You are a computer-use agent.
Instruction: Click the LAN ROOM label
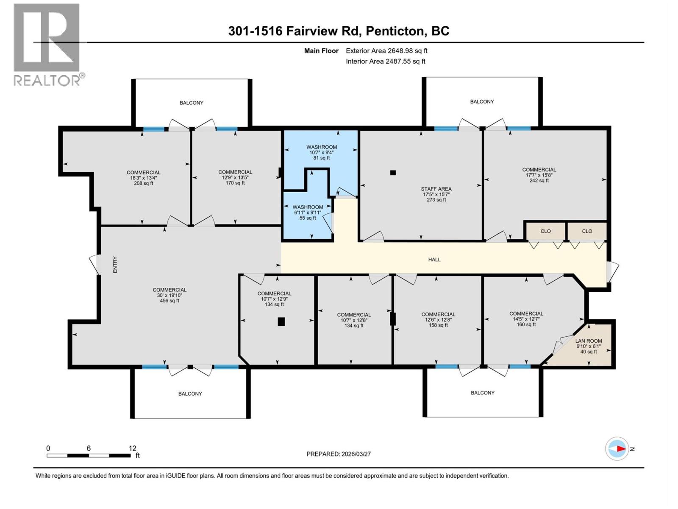point(589,341)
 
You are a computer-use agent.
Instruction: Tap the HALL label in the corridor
point(434,260)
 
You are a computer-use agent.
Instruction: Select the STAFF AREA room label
point(436,189)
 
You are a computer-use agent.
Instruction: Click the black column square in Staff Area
point(393,173)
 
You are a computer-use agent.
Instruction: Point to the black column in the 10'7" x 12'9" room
point(281,322)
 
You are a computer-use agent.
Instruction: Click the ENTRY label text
point(115,265)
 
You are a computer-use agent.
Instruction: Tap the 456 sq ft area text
point(169,301)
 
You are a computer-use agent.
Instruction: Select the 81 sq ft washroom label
point(322,158)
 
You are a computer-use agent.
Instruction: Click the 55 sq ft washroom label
point(308,218)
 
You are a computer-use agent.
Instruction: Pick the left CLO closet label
point(546,231)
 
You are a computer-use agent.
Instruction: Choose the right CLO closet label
point(587,231)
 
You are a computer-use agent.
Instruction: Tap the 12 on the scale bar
point(133,448)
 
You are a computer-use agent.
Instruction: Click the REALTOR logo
point(47,45)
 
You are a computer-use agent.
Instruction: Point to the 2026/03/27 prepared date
point(356,454)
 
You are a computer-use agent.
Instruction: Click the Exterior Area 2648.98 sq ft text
point(386,51)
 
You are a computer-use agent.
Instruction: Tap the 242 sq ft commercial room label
point(539,180)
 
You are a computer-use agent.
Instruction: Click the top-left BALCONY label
point(192,103)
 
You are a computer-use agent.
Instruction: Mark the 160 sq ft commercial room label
point(526,324)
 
